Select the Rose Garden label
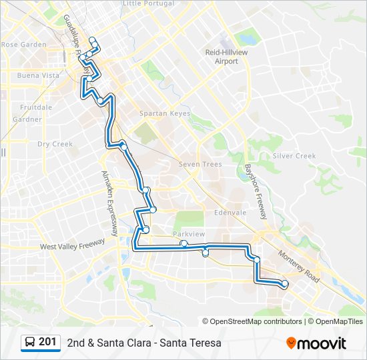24,45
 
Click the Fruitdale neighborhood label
36,107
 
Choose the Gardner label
27,120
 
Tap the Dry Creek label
55,144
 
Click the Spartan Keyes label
164,113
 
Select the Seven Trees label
200,164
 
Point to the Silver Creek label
294,156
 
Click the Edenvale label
230,213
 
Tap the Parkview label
189,235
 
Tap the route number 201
47,342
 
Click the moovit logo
316,343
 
